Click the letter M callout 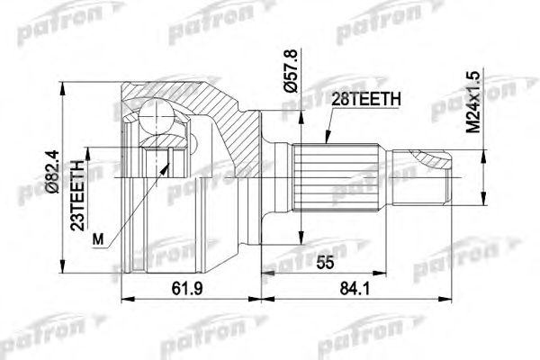click(x=99, y=238)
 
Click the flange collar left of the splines click(x=275, y=171)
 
